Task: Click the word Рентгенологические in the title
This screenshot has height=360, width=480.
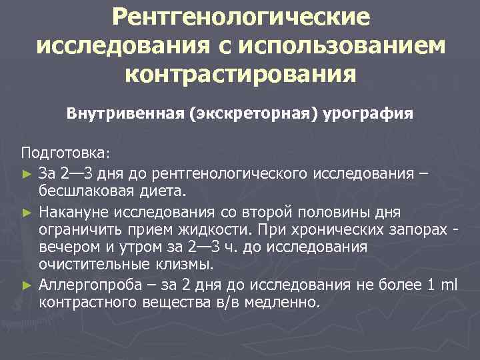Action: [x=240, y=18]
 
